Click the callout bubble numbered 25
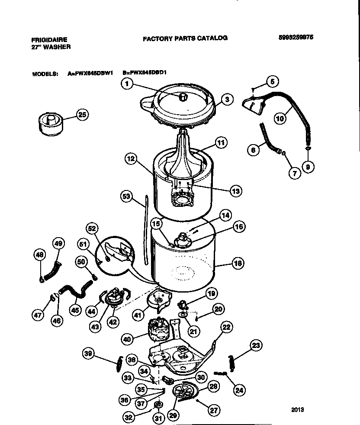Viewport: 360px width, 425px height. click(82, 114)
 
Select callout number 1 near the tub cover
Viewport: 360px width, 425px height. click(126, 84)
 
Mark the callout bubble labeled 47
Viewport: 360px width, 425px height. click(38, 316)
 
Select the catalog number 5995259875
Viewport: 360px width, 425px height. click(296, 37)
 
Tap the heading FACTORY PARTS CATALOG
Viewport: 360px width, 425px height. click(185, 38)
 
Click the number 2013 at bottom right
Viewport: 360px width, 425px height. click(297, 409)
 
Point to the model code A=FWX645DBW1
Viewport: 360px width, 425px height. click(90, 74)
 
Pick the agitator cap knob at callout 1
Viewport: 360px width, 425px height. click(183, 97)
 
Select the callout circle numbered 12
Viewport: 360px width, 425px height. click(131, 159)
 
